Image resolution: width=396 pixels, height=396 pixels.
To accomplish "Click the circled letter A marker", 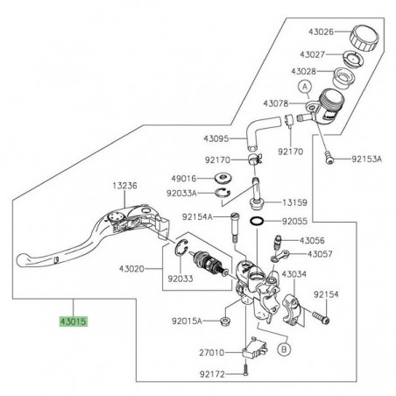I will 305,87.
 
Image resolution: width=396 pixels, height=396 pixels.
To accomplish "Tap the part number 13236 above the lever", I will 124,186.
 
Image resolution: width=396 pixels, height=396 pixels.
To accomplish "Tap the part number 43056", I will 312,240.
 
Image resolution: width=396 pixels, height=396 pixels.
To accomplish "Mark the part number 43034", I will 294,274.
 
